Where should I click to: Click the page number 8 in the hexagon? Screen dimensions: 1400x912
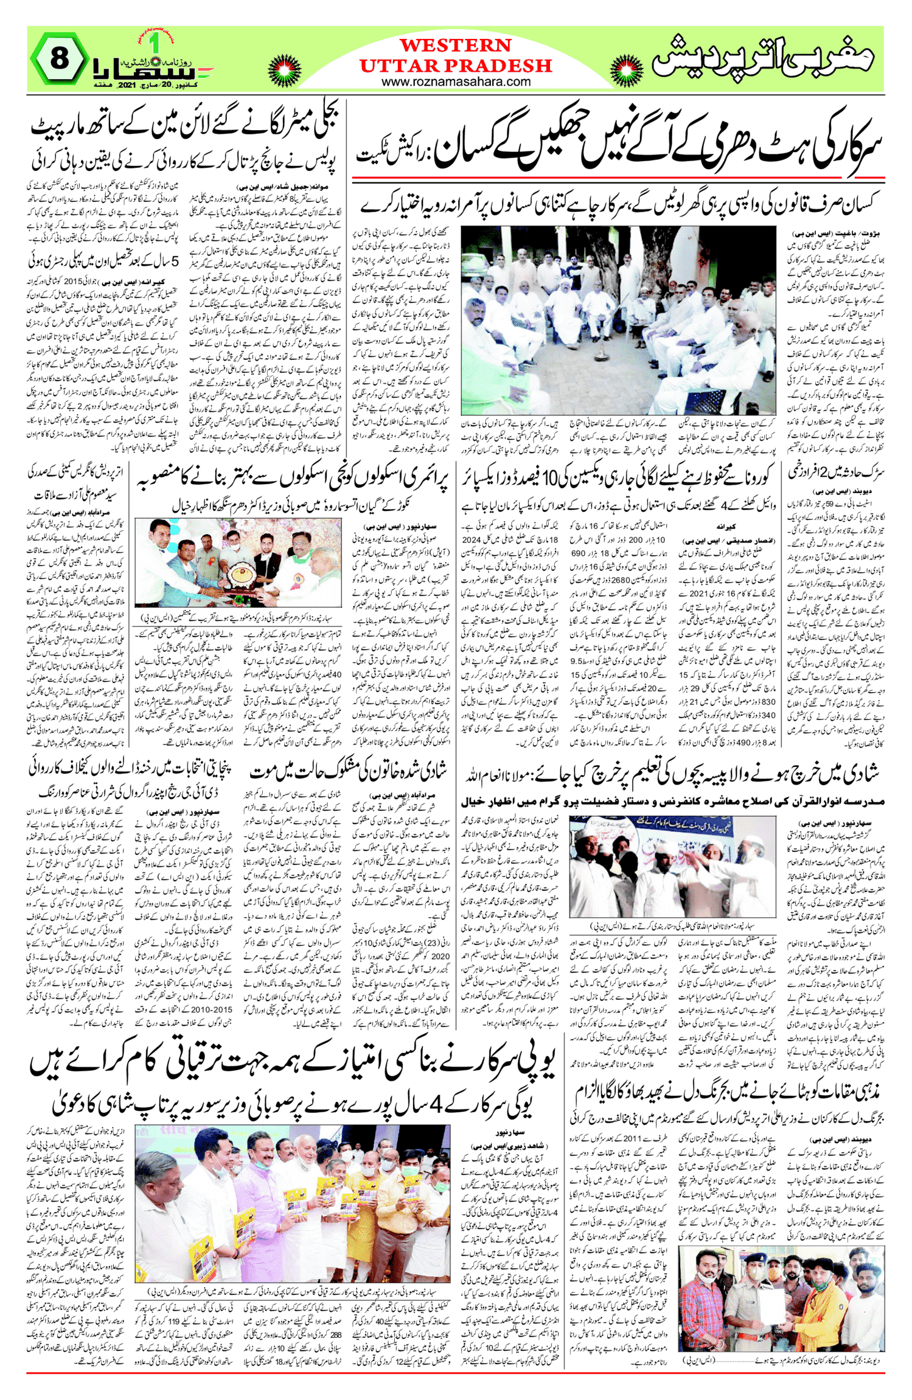pyautogui.click(x=58, y=59)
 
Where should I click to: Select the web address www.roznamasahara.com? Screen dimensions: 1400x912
pyautogui.click(x=456, y=81)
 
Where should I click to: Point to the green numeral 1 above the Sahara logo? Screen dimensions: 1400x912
pyautogui.click(x=153, y=44)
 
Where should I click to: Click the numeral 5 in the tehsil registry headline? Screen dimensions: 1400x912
pyautogui.click(x=175, y=262)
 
